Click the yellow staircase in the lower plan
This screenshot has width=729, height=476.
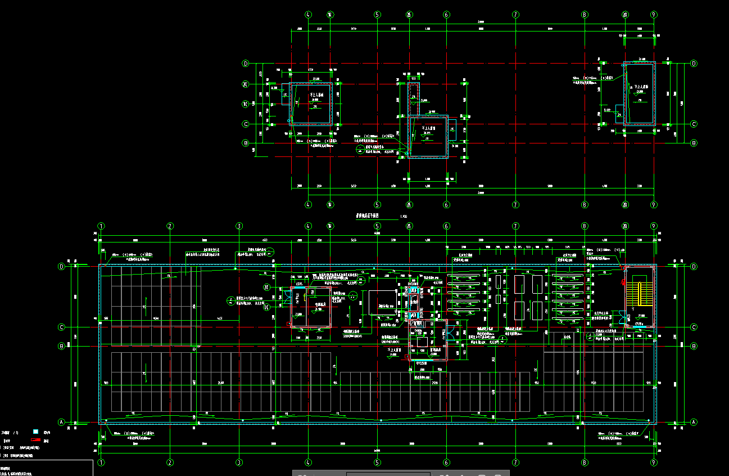coord(633,293)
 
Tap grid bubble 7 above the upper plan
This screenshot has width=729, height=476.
coord(515,15)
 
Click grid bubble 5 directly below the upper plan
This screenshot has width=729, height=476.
coord(377,205)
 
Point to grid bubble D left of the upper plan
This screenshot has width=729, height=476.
coord(246,64)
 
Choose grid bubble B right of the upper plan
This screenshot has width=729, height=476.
coord(694,143)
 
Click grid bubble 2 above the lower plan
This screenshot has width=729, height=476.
coord(170,226)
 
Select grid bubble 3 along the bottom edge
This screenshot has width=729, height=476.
coord(239,462)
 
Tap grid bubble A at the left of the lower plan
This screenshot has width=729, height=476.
coord(62,422)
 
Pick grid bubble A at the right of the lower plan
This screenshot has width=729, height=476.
coord(694,422)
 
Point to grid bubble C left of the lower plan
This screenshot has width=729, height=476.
coord(62,327)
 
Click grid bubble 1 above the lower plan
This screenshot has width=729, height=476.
coord(101,226)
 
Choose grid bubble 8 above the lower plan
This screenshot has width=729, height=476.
coord(585,226)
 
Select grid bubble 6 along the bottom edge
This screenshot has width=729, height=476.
coord(446,462)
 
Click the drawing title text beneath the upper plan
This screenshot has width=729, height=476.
coord(368,215)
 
